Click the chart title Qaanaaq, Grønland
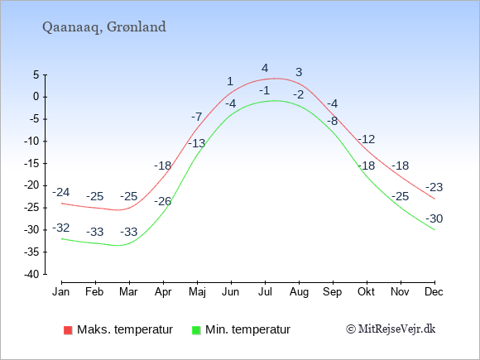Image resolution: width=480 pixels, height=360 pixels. [104, 27]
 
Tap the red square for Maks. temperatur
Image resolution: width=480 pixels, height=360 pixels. [68, 330]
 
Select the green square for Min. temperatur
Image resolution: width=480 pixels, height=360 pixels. [196, 330]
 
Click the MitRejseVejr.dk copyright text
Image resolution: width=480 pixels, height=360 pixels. [391, 329]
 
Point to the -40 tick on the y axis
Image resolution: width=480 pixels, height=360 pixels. [31, 274]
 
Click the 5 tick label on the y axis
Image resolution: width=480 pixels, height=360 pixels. [36, 74]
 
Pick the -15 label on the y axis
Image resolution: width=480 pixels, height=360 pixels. [31, 164]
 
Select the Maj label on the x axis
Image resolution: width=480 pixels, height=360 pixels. [197, 292]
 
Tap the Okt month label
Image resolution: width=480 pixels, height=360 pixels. [366, 291]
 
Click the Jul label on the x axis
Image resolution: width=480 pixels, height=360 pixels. [265, 291]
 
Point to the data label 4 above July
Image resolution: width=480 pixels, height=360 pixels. [265, 68]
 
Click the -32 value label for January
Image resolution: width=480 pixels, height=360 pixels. [61, 228]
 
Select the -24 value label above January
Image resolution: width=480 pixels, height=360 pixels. [61, 192]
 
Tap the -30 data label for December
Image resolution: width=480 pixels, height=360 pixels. [434, 218]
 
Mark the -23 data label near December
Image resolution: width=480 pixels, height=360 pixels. [434, 187]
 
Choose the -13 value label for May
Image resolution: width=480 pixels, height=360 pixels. [196, 143]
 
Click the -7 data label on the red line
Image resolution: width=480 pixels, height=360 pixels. [197, 117]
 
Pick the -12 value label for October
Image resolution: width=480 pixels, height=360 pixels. [367, 139]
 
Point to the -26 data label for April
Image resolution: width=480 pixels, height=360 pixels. [162, 201]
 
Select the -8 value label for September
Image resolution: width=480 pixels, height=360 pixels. [333, 121]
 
